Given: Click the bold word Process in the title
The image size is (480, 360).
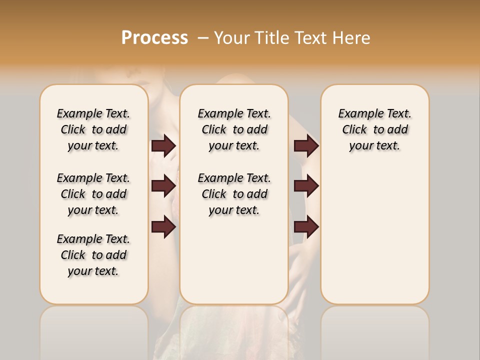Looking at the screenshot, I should click(154, 38).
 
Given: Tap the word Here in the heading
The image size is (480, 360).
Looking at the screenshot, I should click(351, 38).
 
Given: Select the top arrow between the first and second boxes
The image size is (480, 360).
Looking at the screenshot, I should click(163, 146).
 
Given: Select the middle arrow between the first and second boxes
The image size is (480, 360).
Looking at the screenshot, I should click(163, 186).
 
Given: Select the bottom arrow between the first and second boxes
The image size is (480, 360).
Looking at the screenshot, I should click(163, 227).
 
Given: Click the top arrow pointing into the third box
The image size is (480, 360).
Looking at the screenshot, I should click(306, 146).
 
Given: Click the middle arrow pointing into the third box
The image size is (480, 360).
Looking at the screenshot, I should click(306, 186).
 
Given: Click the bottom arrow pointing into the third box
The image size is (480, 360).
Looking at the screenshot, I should click(306, 227).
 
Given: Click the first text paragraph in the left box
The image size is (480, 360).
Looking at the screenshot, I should click(93, 129).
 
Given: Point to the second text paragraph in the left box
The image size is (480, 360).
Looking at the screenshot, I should click(93, 194).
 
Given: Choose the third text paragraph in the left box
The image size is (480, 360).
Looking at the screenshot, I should click(93, 255).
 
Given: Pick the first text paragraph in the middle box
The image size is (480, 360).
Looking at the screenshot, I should click(234, 129).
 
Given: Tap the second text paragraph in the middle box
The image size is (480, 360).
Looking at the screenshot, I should click(234, 194).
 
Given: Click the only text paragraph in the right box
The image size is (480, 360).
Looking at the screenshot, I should click(374, 129).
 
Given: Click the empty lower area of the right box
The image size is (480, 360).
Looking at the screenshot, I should click(374, 240).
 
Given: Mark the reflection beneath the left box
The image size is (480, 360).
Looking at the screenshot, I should click(94, 330).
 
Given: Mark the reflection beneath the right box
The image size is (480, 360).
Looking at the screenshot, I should click(374, 330).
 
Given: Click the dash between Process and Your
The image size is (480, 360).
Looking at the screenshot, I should click(203, 38).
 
